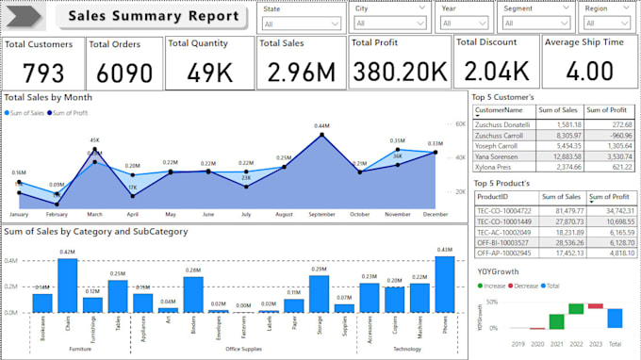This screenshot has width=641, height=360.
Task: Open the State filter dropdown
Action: tap(302, 24)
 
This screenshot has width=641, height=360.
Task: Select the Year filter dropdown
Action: tap(465, 24)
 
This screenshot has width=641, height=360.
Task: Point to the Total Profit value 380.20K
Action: tap(399, 71)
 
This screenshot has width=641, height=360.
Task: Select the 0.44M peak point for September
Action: tap(321, 134)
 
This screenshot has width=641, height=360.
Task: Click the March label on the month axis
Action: tap(95, 215)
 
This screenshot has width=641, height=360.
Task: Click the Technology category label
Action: tap(407, 349)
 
